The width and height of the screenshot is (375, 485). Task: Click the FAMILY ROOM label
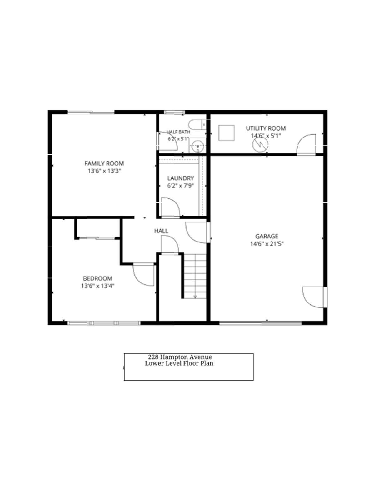click(x=104, y=163)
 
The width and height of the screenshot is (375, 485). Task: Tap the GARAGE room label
click(x=267, y=236)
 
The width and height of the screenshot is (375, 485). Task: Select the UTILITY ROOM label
click(x=266, y=128)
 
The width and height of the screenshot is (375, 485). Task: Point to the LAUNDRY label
click(x=181, y=178)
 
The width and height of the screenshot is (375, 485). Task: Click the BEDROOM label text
click(x=98, y=278)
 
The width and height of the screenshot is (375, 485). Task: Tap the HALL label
click(x=161, y=231)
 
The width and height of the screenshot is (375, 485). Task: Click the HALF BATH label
click(x=178, y=132)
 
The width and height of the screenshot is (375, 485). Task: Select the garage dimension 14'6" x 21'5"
click(x=267, y=244)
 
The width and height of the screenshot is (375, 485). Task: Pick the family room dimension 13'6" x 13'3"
click(x=104, y=171)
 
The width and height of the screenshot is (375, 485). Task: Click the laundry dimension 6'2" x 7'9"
click(x=181, y=186)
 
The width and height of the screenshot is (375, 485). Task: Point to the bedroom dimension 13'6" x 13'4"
click(x=98, y=286)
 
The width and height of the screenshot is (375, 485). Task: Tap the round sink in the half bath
click(x=197, y=146)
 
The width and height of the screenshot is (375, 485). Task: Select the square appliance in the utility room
click(x=227, y=133)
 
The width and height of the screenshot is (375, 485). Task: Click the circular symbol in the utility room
click(x=260, y=145)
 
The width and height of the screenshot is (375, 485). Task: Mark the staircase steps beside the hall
click(x=195, y=276)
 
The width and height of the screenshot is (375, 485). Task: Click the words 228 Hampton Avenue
click(x=180, y=357)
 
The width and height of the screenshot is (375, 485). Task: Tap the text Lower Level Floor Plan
click(x=179, y=363)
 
